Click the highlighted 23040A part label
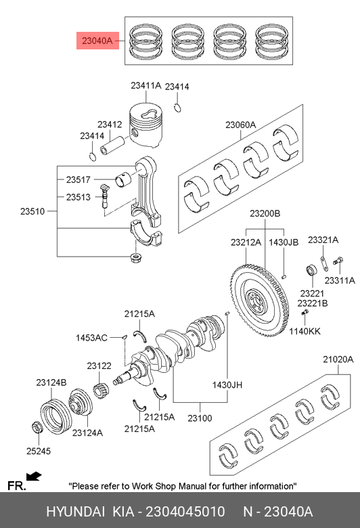(x=97, y=41)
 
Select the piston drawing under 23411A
(x=146, y=125)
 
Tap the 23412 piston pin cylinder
(x=112, y=145)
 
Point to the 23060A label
(x=240, y=125)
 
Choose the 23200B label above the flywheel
(x=265, y=213)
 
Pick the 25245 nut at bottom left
(x=37, y=427)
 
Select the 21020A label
(x=338, y=359)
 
